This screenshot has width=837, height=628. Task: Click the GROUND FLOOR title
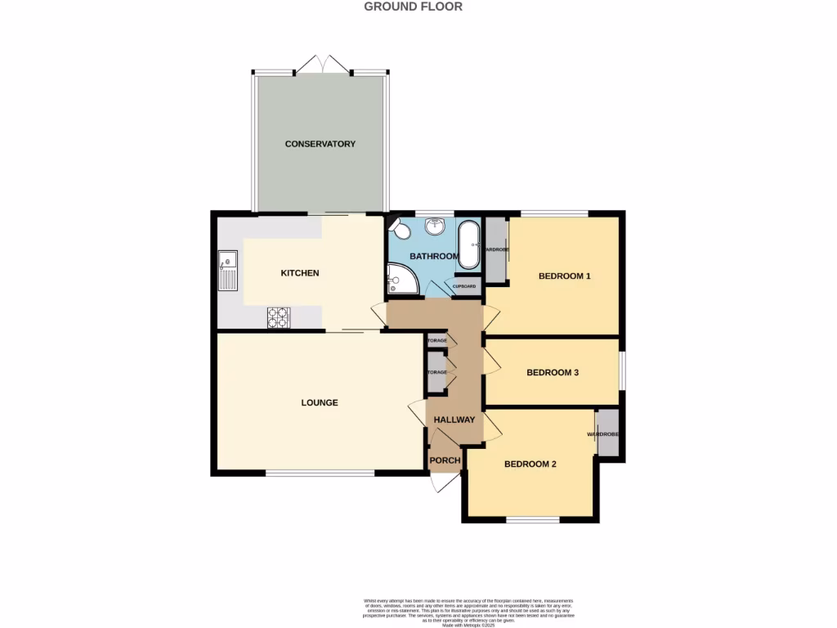click(413, 7)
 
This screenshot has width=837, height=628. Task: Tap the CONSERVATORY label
click(320, 144)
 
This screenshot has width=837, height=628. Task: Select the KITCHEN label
click(299, 273)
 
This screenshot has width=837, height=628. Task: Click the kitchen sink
click(227, 272)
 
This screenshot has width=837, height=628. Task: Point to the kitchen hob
click(278, 317)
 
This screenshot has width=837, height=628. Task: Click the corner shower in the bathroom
click(401, 280)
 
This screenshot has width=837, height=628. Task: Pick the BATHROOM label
click(434, 257)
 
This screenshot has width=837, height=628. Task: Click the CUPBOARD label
click(464, 287)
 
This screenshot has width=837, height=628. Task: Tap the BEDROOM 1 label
click(564, 276)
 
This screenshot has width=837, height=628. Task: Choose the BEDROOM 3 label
click(553, 373)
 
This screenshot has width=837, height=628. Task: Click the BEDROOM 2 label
click(530, 464)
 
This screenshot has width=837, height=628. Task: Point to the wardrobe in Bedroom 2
click(607, 433)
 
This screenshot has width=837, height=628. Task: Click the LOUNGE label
click(319, 403)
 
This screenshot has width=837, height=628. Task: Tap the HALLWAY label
click(454, 420)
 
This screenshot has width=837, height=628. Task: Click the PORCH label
click(445, 461)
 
